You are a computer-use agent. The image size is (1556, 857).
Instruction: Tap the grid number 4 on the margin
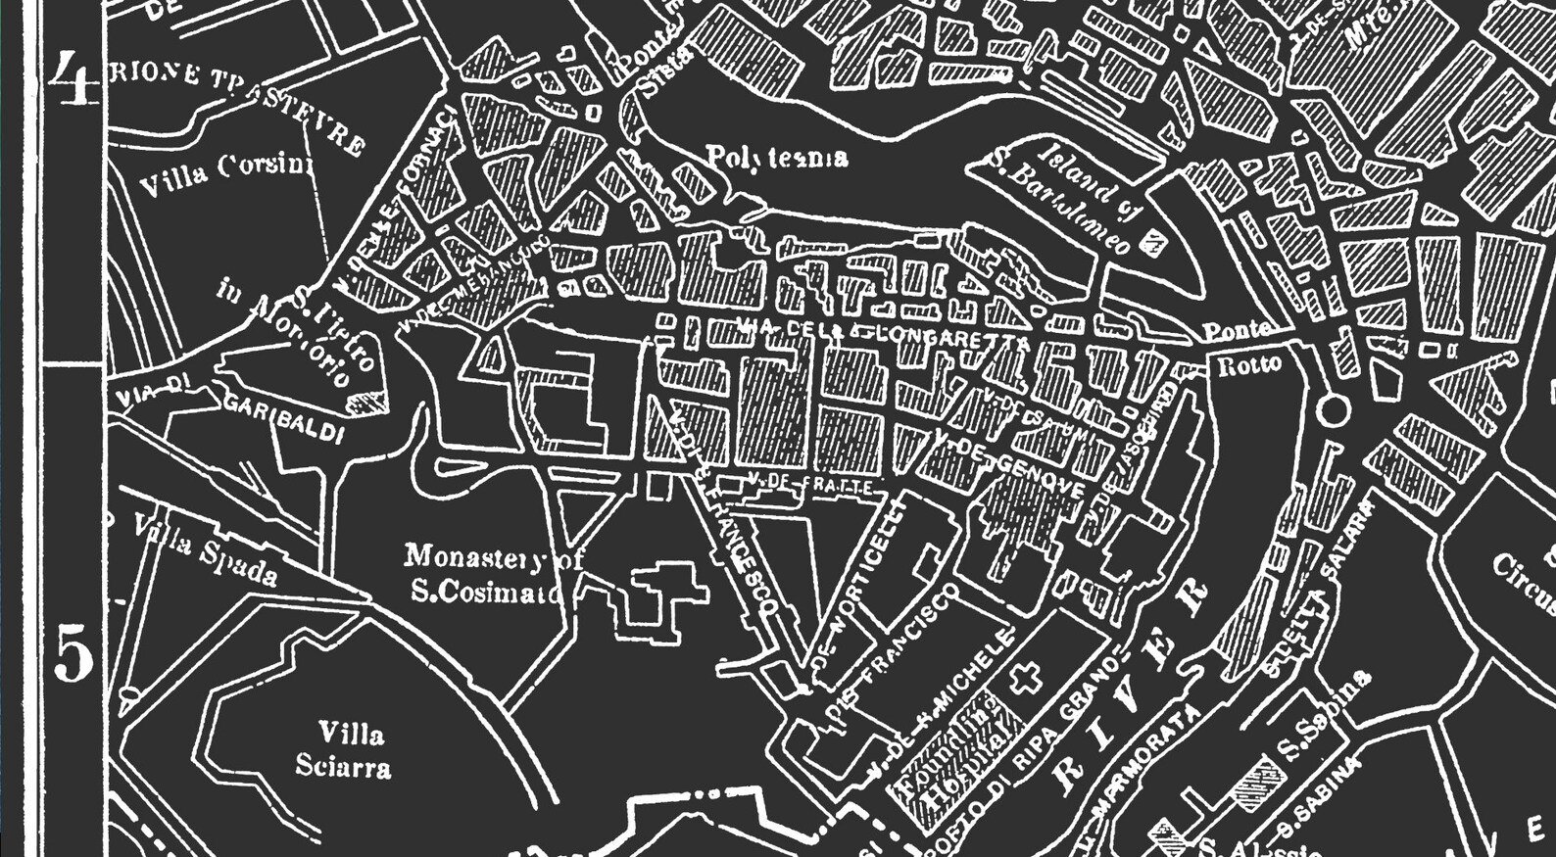coord(73,78)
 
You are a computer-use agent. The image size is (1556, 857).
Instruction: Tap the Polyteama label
coord(777,158)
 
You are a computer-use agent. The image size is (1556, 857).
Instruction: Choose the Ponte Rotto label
coord(1244,348)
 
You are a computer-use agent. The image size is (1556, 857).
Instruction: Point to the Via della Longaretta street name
coord(882,333)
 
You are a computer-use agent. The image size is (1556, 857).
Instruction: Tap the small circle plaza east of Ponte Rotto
coord(1334,409)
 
